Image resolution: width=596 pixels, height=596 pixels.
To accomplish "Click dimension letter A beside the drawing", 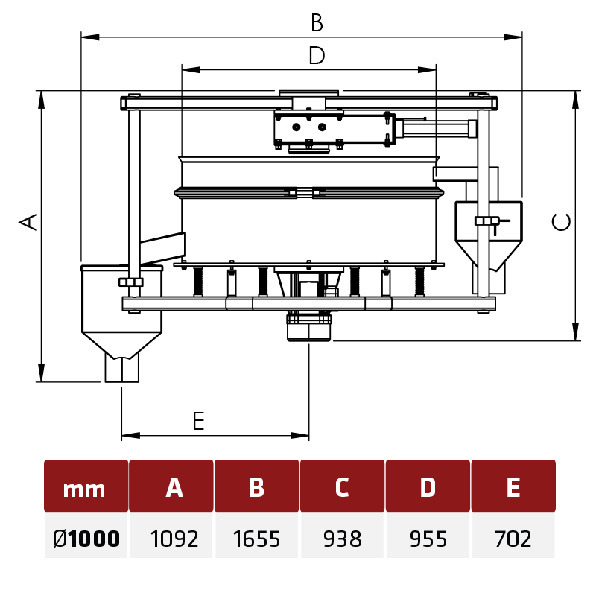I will [x=28, y=221].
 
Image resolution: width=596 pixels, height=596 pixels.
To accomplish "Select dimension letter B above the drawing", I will [x=317, y=24].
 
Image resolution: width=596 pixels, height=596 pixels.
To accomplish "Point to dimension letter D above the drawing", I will [x=317, y=56].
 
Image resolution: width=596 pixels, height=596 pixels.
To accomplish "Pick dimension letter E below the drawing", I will [x=198, y=422].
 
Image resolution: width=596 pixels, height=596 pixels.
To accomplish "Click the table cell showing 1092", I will [x=174, y=538].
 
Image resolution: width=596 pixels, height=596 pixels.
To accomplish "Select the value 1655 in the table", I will [x=256, y=538].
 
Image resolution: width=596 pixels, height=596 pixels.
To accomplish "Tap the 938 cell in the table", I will [x=342, y=538].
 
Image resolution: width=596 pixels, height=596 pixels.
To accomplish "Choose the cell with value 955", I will [x=428, y=538].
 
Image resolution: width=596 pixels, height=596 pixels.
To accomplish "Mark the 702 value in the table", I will [x=513, y=538].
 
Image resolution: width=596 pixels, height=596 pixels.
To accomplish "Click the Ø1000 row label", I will [x=85, y=538].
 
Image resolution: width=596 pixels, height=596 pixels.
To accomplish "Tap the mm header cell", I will [x=85, y=488].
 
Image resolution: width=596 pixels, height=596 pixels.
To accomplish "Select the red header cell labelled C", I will [x=342, y=487].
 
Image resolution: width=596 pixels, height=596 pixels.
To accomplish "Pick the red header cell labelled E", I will [x=513, y=487].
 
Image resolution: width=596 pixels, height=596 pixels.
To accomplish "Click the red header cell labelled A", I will [x=174, y=487].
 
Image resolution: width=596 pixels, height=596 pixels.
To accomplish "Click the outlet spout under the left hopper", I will [x=121, y=370].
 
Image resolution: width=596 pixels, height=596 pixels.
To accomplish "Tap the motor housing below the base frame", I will [x=308, y=328].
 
